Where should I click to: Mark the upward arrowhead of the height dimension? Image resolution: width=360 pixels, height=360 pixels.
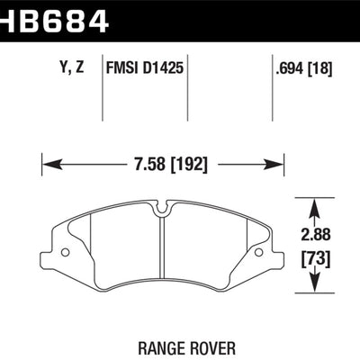pos(316,204)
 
